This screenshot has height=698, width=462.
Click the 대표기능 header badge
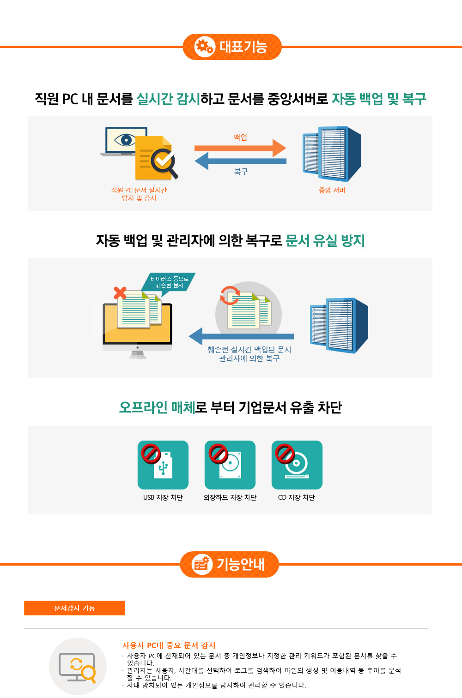coord(232,47)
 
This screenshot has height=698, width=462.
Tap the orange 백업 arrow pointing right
coord(240,148)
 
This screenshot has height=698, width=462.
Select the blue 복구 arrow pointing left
coord(240,161)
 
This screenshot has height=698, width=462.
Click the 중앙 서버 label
coord(332,190)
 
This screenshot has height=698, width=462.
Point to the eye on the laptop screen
coord(125,139)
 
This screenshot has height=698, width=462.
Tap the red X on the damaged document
coord(120,292)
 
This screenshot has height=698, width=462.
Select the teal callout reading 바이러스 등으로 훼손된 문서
coord(169,282)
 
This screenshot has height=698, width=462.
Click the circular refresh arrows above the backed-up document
coord(230,295)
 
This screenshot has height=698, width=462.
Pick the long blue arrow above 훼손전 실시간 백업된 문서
coord(241,336)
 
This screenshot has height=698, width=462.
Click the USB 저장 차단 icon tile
coord(163,465)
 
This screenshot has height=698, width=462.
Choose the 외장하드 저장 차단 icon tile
coord(230,465)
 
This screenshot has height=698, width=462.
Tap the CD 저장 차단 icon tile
coord(297,465)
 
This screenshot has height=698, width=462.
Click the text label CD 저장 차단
coord(296,497)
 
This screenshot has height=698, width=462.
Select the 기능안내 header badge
coord(230,564)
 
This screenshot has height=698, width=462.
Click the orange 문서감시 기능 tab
coord(74,608)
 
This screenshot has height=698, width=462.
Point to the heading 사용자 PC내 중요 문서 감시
coord(169,645)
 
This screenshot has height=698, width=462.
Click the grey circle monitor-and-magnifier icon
coord(78,666)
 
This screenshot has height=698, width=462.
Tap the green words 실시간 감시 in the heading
coord(168,99)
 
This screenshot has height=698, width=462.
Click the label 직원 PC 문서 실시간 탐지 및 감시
coord(139,194)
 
